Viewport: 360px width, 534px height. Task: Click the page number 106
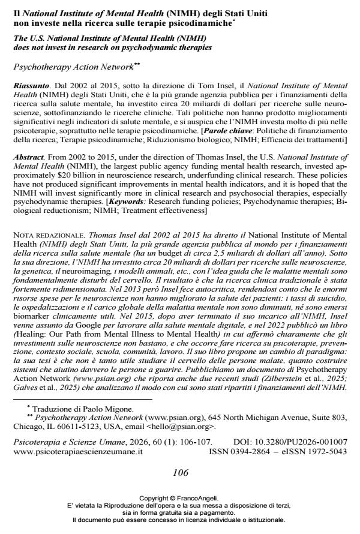pyautogui.click(x=180, y=472)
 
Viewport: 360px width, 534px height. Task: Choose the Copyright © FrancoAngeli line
pyautogui.click(x=179, y=498)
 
